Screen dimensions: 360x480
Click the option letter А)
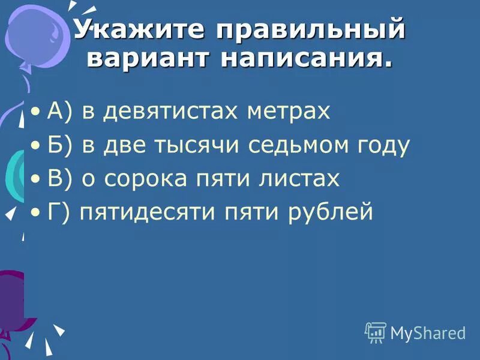coord(60,112)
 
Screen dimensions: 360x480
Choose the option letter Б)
coord(60,146)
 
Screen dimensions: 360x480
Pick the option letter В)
coord(60,179)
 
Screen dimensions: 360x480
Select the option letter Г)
coord(59,212)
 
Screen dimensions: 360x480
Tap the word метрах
coord(290,112)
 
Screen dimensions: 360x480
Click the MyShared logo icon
coord(376,332)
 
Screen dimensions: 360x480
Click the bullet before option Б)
coord(37,146)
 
